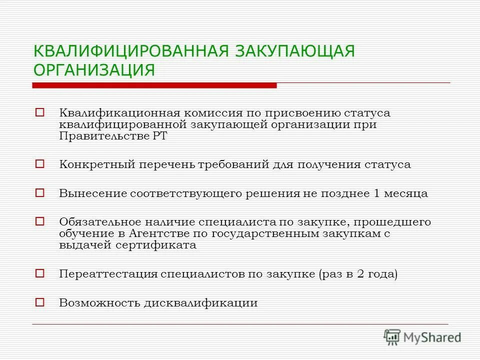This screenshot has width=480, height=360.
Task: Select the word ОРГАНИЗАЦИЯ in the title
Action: tap(94, 69)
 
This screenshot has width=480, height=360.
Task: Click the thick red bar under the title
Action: tap(154, 85)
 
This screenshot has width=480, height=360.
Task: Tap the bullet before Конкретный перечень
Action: tap(40, 163)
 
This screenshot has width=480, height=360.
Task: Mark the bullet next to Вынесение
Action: tap(40, 192)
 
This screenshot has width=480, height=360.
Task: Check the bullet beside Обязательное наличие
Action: tap(40, 220)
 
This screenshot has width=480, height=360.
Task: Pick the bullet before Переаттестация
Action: tap(40, 273)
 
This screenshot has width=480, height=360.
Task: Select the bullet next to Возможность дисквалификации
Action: tap(40, 302)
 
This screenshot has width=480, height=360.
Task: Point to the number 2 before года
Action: tap(372, 274)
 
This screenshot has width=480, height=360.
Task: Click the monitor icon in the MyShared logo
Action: tap(392, 337)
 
